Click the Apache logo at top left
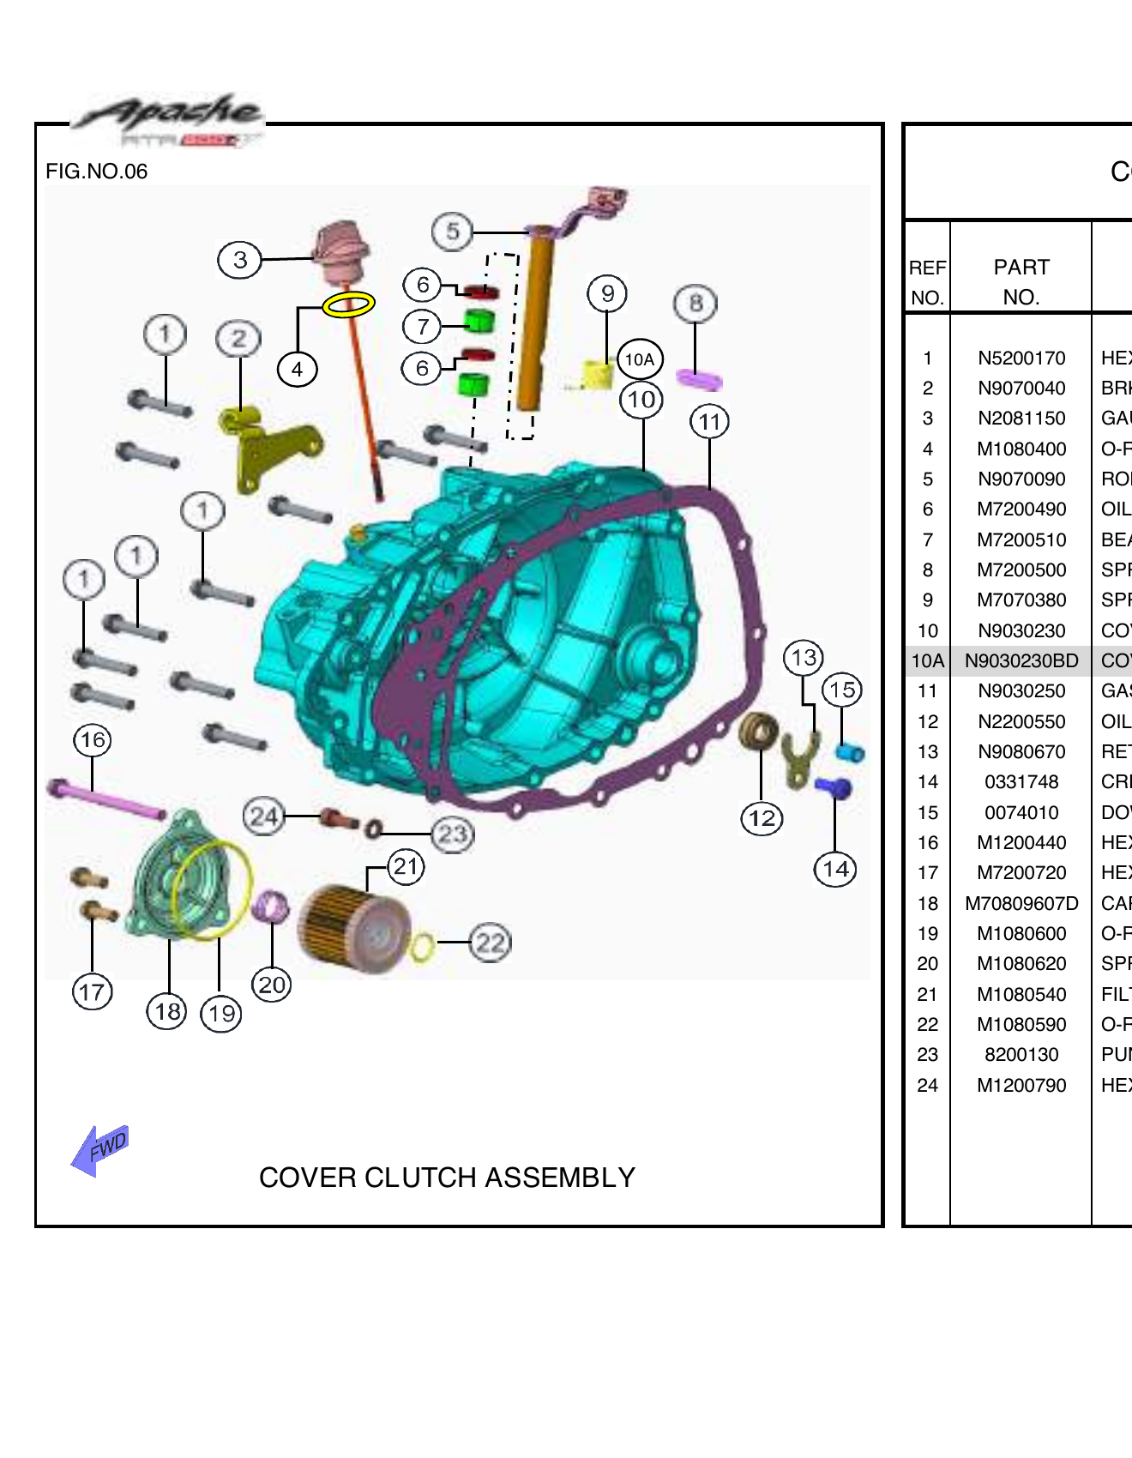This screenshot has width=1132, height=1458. [x=168, y=120]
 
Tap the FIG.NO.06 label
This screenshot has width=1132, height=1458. [x=96, y=172]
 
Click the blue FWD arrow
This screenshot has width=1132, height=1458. [x=100, y=1149]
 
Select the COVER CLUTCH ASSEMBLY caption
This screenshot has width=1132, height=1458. [x=447, y=1178]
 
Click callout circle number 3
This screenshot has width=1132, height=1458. [x=240, y=259]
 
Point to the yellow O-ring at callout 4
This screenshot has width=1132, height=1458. [x=348, y=304]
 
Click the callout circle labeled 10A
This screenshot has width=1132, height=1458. [x=640, y=359]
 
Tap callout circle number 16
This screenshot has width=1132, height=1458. [x=93, y=739]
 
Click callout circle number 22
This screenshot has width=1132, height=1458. [x=491, y=943]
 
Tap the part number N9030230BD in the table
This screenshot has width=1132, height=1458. [x=1021, y=661]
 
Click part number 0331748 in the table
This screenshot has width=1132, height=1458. [x=1021, y=782]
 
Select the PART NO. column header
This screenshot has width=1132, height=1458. [x=1021, y=281]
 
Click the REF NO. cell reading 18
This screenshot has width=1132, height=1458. [x=927, y=903]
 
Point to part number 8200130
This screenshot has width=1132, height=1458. [x=1021, y=1055]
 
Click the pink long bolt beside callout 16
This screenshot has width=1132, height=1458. [x=108, y=799]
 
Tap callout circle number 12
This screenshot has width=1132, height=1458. [x=762, y=818]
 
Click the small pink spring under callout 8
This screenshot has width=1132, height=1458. [x=699, y=379]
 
